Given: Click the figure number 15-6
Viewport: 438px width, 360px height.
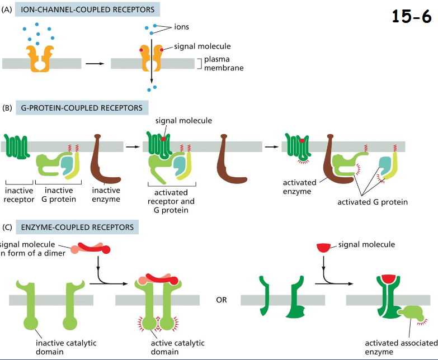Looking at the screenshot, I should (x=411, y=17).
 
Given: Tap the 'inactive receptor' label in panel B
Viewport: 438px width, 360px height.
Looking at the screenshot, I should (x=19, y=195).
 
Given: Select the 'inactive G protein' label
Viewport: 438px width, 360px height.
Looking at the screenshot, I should (x=56, y=195).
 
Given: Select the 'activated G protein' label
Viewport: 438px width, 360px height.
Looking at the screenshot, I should (x=373, y=201).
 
